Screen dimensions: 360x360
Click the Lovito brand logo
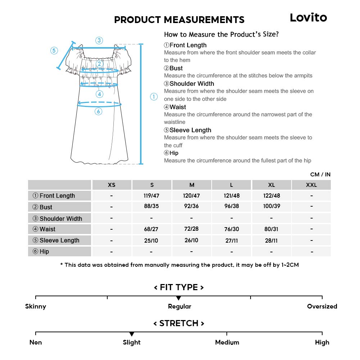[308, 18]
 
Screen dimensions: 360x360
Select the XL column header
[271, 185]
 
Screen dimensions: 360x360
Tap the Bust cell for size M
[192, 207]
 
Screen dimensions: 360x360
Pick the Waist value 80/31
[271, 229]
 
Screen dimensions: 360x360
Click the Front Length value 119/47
[152, 195]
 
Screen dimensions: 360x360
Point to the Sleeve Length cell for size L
[231, 240]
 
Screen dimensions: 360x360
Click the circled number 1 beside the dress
[154, 96]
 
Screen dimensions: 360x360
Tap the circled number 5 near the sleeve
[54, 50]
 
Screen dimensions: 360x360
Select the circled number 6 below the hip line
[99, 112]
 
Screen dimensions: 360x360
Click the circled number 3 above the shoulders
[99, 40]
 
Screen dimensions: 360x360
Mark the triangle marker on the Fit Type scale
[179, 298]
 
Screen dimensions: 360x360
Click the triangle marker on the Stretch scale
[132, 334]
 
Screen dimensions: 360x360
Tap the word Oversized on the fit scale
[322, 306]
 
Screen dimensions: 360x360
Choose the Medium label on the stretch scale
[227, 342]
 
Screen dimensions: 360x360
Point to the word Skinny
[36, 306]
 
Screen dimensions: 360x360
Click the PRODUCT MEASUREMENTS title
[179, 20]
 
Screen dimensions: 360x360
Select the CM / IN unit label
[320, 174]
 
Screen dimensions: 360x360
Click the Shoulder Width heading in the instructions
[192, 84]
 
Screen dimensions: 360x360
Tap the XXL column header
[311, 185]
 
